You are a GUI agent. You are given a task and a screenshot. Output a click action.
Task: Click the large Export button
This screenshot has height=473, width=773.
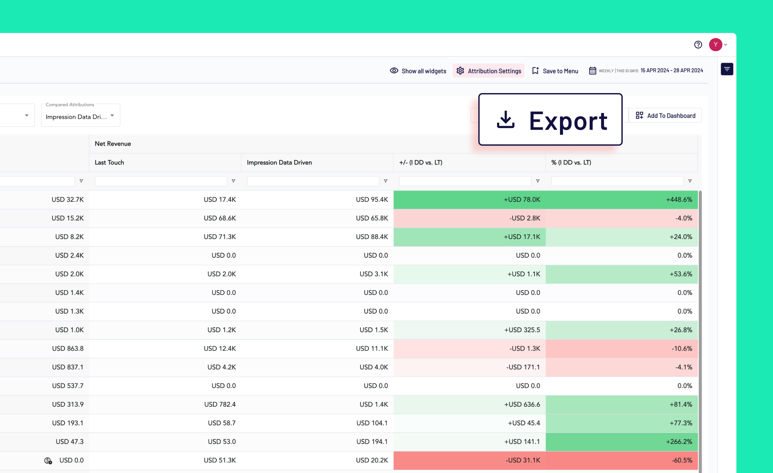click(550, 120)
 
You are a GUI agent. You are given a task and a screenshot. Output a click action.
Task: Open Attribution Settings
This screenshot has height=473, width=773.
click(488, 71)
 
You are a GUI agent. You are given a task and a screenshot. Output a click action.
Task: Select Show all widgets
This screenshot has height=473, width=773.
click(418, 71)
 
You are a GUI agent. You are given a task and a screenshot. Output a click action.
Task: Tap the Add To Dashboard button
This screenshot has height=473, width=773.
click(665, 116)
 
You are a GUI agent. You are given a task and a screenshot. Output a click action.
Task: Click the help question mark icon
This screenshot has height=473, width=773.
click(698, 45)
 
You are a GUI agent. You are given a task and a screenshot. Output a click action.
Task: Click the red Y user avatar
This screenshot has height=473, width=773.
click(715, 45)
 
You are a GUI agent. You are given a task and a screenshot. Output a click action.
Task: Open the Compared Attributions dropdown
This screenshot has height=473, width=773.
click(80, 115)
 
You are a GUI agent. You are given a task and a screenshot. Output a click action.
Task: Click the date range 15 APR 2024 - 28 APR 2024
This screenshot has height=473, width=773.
click(672, 71)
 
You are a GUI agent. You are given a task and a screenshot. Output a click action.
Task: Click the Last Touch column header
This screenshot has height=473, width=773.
click(109, 162)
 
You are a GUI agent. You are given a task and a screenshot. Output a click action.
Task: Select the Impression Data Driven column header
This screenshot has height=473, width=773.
click(279, 162)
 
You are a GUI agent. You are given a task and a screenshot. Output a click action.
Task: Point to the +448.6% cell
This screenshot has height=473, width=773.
click(621, 200)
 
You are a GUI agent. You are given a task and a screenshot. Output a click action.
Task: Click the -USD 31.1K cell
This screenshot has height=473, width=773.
click(469, 460)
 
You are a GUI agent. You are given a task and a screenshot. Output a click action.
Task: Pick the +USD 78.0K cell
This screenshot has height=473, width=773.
click(469, 200)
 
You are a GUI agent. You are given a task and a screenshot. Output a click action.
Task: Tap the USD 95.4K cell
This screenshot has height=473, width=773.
click(317, 200)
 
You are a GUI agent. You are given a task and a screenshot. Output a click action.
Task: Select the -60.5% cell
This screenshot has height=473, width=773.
click(621, 460)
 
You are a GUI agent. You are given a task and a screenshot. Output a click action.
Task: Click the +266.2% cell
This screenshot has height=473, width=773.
click(621, 442)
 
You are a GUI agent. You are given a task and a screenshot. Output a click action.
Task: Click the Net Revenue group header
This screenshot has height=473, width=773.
click(113, 144)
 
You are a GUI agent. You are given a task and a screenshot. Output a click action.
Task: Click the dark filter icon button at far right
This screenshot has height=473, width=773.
click(727, 69)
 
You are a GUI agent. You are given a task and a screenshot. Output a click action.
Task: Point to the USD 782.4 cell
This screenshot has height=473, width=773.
click(165, 404)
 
